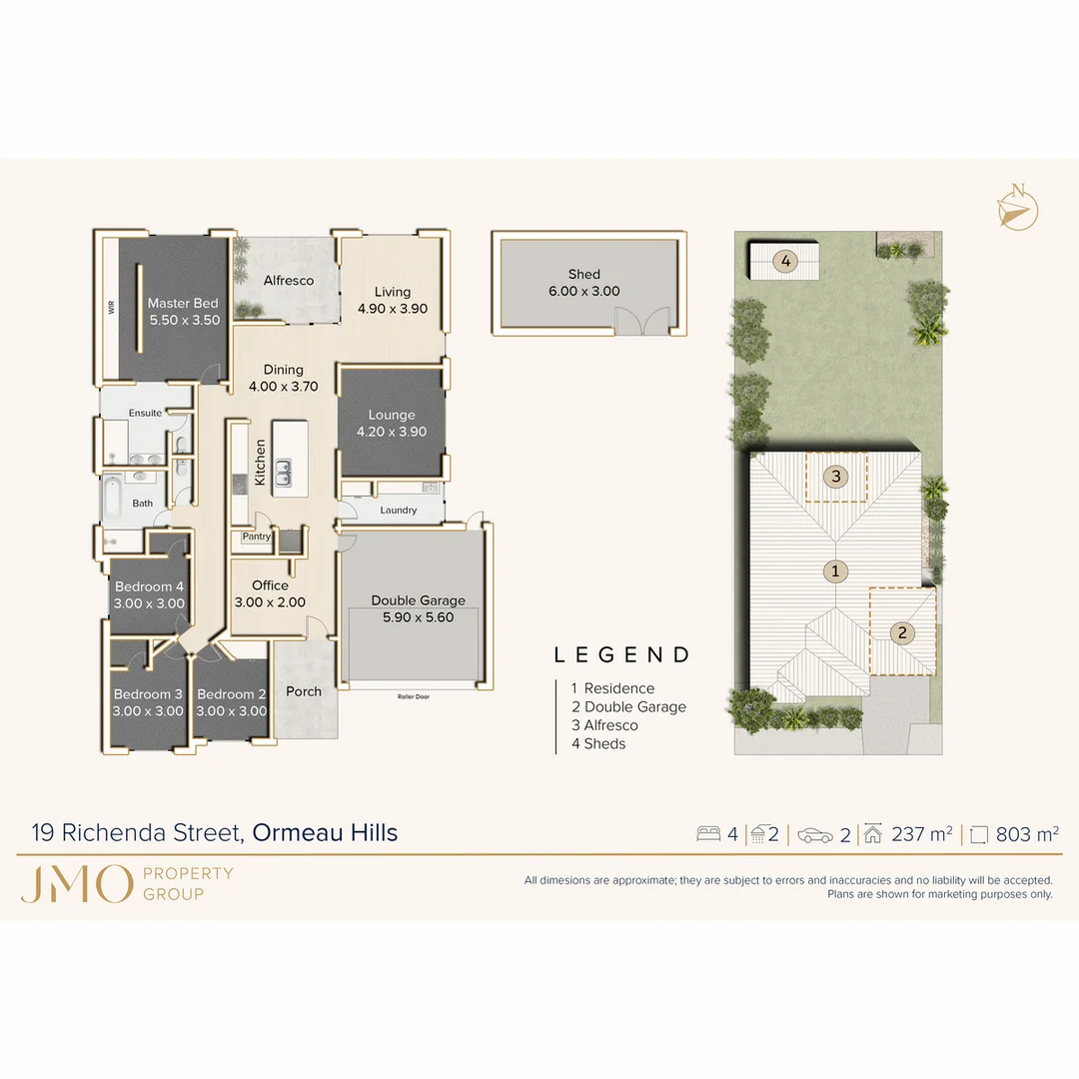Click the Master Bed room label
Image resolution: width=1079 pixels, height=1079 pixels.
tap(183, 304)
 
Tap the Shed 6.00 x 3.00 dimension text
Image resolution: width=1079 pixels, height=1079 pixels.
tap(583, 292)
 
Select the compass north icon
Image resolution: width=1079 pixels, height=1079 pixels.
tap(1017, 208)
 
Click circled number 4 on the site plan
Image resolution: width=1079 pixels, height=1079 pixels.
tap(786, 262)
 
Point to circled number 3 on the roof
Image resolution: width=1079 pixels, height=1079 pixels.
tap(836, 477)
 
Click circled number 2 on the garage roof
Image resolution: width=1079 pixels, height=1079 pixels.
tap(902, 632)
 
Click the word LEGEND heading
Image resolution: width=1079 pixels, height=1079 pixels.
tap(622, 655)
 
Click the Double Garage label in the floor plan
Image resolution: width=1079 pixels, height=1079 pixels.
tap(418, 600)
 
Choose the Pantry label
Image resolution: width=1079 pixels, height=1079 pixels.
tap(257, 537)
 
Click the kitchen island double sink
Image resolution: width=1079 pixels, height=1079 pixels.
tap(284, 472)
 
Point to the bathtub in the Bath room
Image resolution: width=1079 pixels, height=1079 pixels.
tap(111, 500)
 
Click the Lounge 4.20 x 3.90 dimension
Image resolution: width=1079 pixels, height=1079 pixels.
tap(392, 432)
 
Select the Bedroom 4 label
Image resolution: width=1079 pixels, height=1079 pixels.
tap(149, 587)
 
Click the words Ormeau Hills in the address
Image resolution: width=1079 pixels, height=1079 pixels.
tap(325, 832)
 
